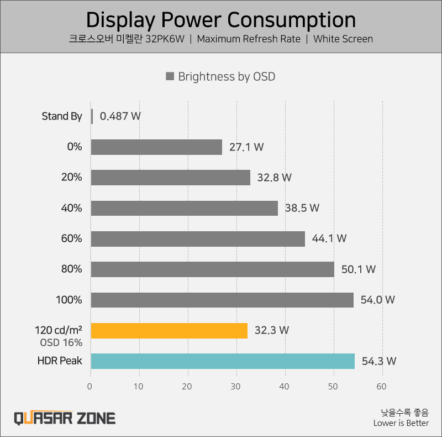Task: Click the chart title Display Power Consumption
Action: [x=221, y=20]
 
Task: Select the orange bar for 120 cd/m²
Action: [x=169, y=330]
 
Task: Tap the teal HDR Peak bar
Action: [x=223, y=361]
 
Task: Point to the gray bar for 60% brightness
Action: [x=198, y=238]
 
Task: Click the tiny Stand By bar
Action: [x=92, y=116]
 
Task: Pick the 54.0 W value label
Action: [x=378, y=300]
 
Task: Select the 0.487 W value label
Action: [x=120, y=116]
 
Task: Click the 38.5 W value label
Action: [x=302, y=208]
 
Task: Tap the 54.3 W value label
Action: [x=379, y=361]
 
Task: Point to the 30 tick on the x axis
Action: [x=236, y=387]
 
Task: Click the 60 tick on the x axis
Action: [x=382, y=387]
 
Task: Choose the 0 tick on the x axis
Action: [x=91, y=387]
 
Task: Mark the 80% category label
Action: [x=72, y=269]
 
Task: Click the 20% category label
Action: [x=72, y=178]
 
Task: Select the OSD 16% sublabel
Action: [x=61, y=342]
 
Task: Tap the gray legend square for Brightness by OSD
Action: [x=170, y=76]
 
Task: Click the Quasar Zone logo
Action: [x=65, y=417]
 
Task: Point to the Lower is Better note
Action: [x=401, y=423]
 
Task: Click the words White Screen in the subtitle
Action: [x=343, y=39]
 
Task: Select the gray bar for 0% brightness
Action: [x=156, y=147]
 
